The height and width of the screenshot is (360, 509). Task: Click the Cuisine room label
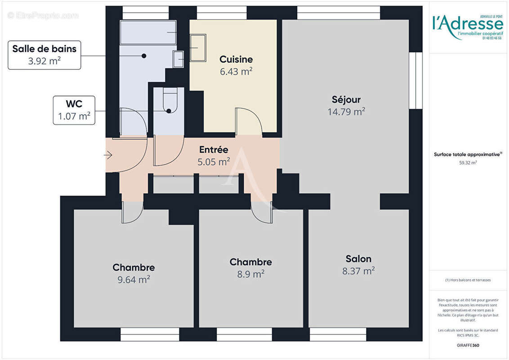point(236,59)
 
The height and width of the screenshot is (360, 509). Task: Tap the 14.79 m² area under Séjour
point(346,112)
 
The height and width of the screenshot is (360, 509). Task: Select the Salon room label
point(358,259)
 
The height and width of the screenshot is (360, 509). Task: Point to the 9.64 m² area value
point(134,279)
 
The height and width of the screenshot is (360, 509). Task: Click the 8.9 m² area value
point(250,274)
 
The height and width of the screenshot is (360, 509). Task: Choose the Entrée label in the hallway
point(214,150)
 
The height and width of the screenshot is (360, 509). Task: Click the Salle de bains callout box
point(44,55)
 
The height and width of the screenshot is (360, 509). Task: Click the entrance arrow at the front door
point(108,155)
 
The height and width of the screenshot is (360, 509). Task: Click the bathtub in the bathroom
point(148,32)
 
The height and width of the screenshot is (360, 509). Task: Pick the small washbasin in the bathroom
point(179,59)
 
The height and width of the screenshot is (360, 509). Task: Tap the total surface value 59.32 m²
point(468,163)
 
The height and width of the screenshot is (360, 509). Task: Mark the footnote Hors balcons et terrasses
point(468,280)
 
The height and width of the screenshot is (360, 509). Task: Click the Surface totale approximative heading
point(468,154)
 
